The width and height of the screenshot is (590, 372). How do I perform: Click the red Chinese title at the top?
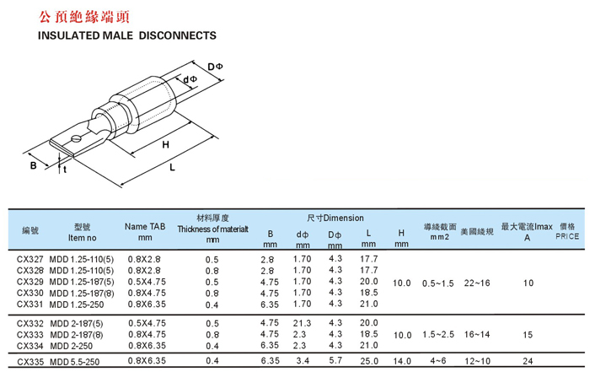[x=84, y=17]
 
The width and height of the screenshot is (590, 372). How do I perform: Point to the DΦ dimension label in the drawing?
[x=215, y=67]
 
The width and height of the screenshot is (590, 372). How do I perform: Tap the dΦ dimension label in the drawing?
[x=190, y=79]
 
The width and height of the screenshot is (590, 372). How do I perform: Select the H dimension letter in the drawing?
[x=165, y=144]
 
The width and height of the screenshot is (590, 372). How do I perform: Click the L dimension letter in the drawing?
[x=172, y=167]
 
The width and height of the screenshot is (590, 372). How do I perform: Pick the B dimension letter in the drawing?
[x=34, y=165]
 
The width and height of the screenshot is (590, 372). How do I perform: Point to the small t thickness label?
[x=65, y=170]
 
